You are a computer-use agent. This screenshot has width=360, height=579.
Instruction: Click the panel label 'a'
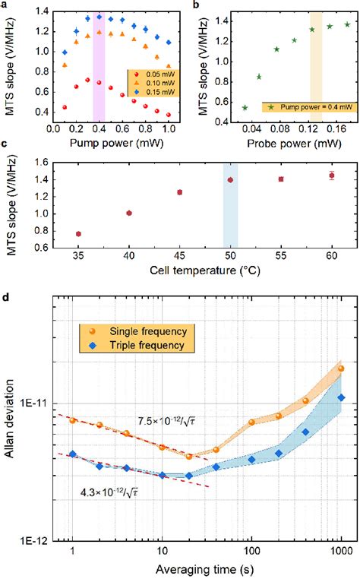5,5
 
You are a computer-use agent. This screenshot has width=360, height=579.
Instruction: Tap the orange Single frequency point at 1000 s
341,369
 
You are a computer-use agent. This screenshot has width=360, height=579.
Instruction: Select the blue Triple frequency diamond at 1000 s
341,397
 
